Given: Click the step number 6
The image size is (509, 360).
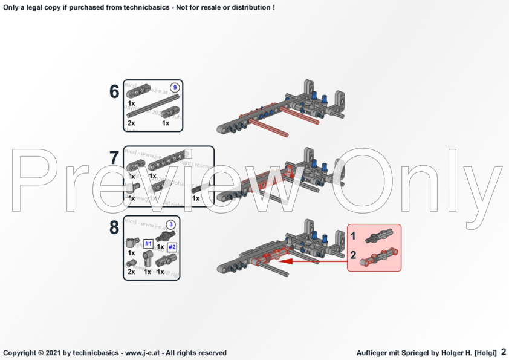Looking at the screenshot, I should [x=114, y=92].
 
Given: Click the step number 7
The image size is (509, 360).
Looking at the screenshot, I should [x=114, y=159].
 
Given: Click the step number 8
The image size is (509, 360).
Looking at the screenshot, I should [x=114, y=228].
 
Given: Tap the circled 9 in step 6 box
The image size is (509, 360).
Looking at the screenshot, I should [x=175, y=87].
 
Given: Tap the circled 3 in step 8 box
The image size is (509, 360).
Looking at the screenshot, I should [x=171, y=224].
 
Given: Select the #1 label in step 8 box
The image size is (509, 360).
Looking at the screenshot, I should [x=148, y=244].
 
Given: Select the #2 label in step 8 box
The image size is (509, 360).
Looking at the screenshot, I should [x=172, y=247].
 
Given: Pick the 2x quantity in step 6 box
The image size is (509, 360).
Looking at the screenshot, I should [x=131, y=123].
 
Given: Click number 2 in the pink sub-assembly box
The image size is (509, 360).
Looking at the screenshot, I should [x=354, y=255].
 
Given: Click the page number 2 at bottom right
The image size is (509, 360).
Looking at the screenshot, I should [x=503, y=352].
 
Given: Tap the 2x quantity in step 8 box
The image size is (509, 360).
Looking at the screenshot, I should [x=131, y=272].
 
